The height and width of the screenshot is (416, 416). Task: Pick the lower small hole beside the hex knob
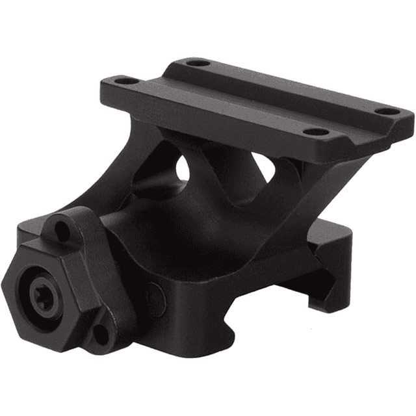(x=101, y=335)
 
